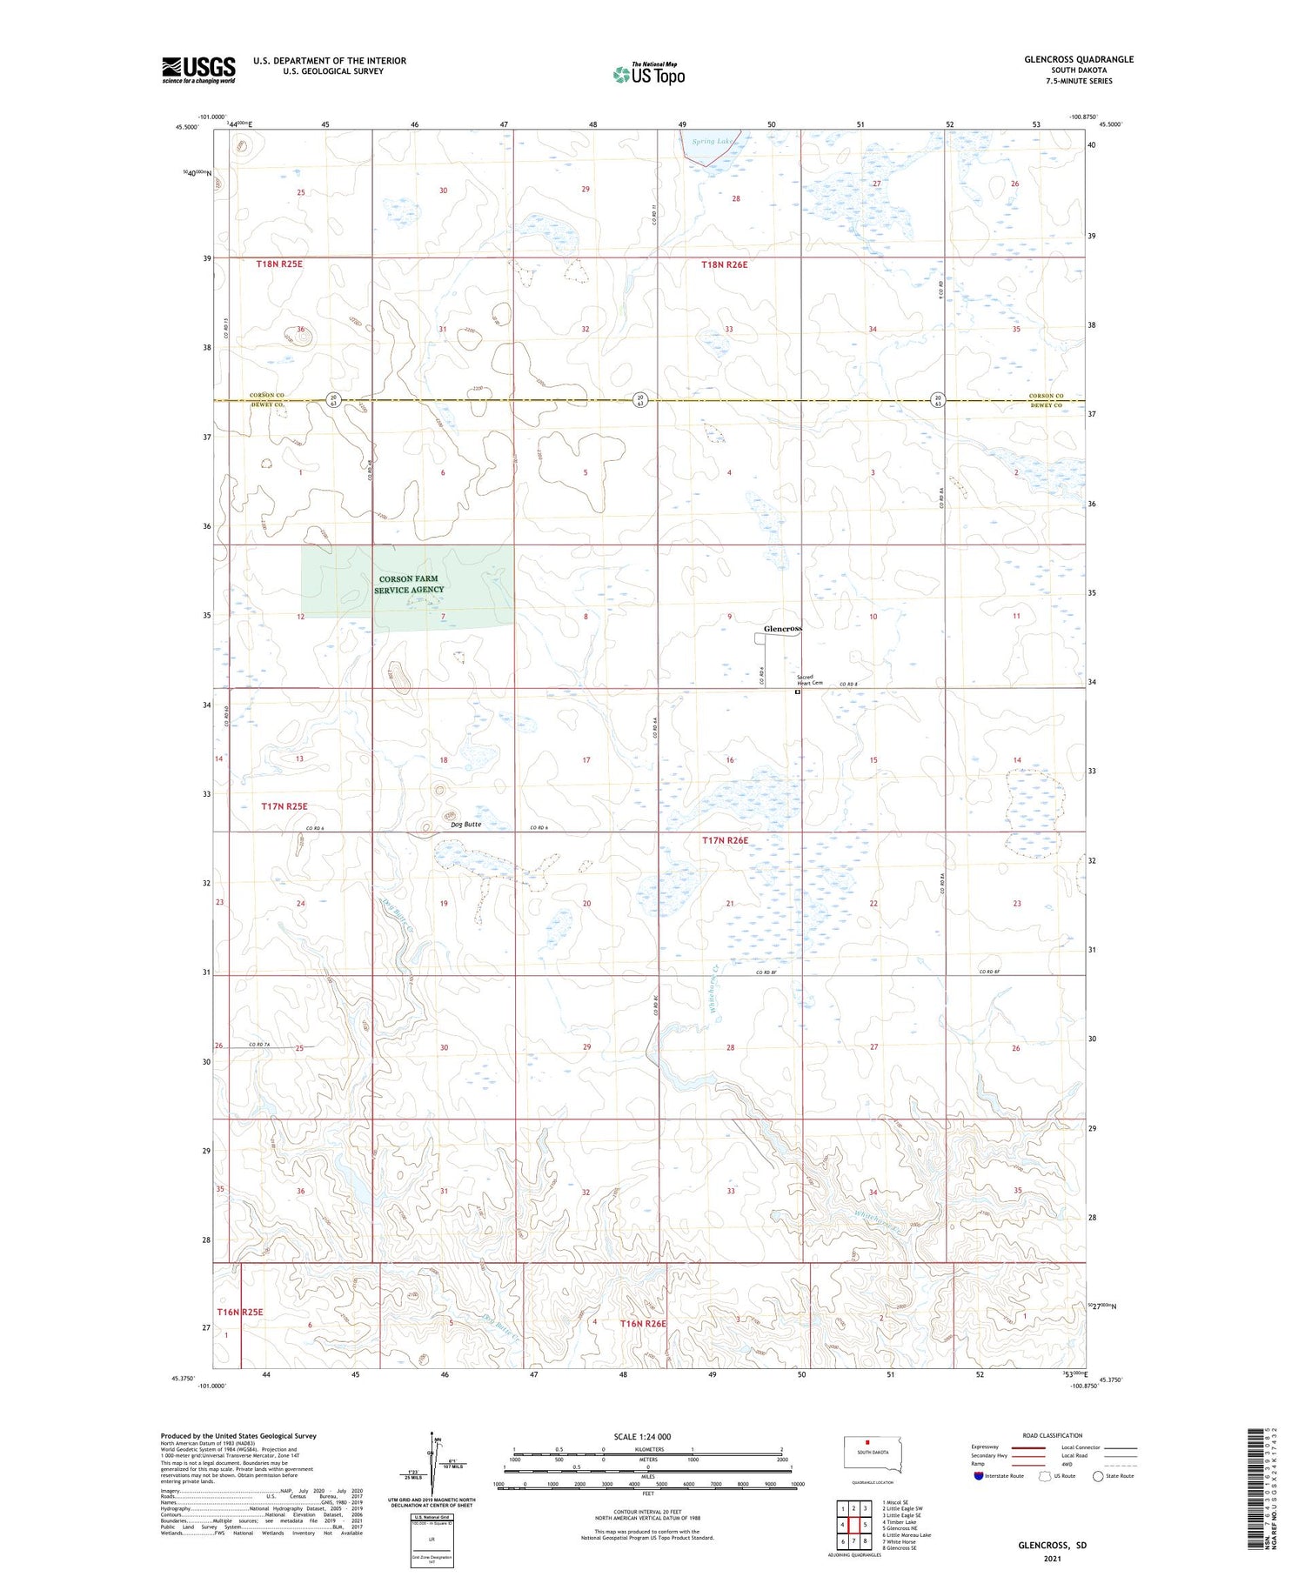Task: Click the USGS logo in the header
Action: pyautogui.click(x=198, y=70)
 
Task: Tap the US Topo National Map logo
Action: pyautogui.click(x=648, y=74)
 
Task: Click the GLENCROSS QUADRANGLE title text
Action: pyautogui.click(x=1078, y=59)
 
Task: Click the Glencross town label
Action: pyautogui.click(x=783, y=628)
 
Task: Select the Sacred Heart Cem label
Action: pyautogui.click(x=810, y=682)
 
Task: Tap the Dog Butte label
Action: pyautogui.click(x=466, y=824)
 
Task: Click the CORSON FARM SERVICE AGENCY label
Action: pyautogui.click(x=409, y=584)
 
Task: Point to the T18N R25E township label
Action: pyautogui.click(x=279, y=264)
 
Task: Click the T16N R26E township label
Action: pyautogui.click(x=643, y=1323)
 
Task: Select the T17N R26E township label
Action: pyautogui.click(x=725, y=840)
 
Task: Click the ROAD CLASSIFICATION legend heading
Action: pyautogui.click(x=1053, y=1435)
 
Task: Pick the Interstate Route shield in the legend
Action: pyautogui.click(x=979, y=1476)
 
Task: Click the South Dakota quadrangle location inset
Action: pyautogui.click(x=873, y=1455)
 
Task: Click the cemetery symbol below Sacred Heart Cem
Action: pyautogui.click(x=798, y=693)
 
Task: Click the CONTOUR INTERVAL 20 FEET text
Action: pyautogui.click(x=647, y=1512)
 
